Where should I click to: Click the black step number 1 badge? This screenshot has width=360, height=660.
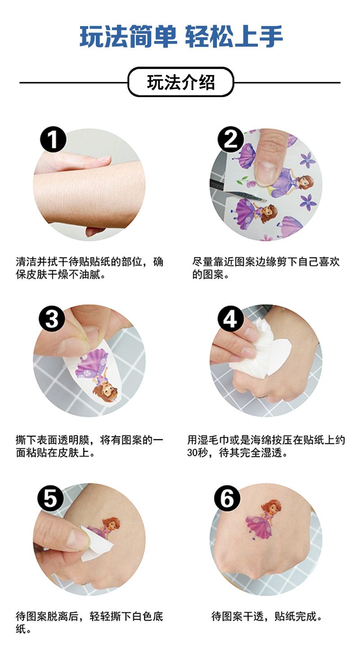pos(53,140)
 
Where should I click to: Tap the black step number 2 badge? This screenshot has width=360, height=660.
pos(230,140)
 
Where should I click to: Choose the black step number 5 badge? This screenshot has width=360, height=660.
pos(50,498)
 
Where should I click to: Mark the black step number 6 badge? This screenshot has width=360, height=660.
pos(227,498)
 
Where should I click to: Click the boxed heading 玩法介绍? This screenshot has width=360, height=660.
pos(180,82)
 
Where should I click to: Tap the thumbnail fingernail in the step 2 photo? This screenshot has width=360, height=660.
pos(267,173)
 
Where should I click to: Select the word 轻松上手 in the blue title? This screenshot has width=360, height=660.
pos(234,36)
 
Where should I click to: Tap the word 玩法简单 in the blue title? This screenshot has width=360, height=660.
pos(128,36)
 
